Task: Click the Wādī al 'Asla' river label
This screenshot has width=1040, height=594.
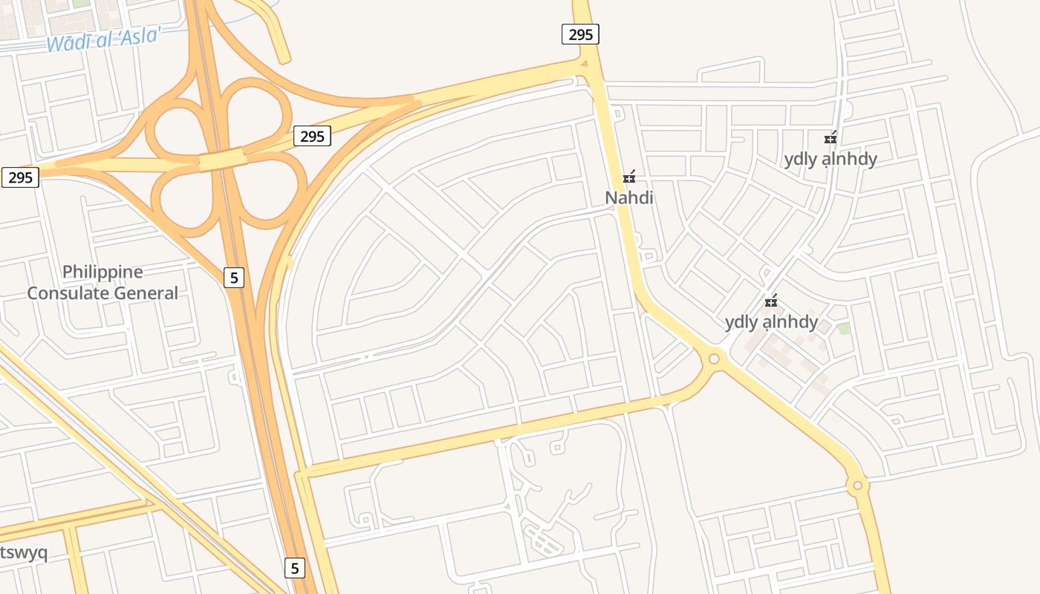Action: point(103,38)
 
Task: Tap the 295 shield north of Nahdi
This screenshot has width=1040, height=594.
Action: point(580,34)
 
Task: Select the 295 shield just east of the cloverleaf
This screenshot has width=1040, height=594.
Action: point(312,136)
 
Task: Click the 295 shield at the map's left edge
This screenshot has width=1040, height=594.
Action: point(20,177)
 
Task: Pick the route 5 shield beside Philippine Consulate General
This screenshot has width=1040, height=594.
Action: point(234,278)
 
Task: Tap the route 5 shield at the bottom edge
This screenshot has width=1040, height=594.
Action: point(295,568)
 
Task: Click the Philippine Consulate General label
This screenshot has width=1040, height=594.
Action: point(103,282)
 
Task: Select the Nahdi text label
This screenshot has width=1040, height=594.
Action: point(628,198)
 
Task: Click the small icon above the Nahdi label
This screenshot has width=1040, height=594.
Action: point(629,177)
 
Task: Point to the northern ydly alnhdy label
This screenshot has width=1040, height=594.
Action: point(831,159)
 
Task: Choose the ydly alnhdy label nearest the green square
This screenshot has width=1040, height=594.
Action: point(771,322)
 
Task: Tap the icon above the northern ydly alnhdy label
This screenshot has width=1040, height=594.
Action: point(831,137)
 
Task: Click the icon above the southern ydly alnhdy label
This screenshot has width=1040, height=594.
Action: point(772,301)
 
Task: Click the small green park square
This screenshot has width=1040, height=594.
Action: point(844,328)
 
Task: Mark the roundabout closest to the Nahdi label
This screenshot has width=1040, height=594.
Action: point(714,359)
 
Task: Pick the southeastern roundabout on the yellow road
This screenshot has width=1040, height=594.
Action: point(857,486)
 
